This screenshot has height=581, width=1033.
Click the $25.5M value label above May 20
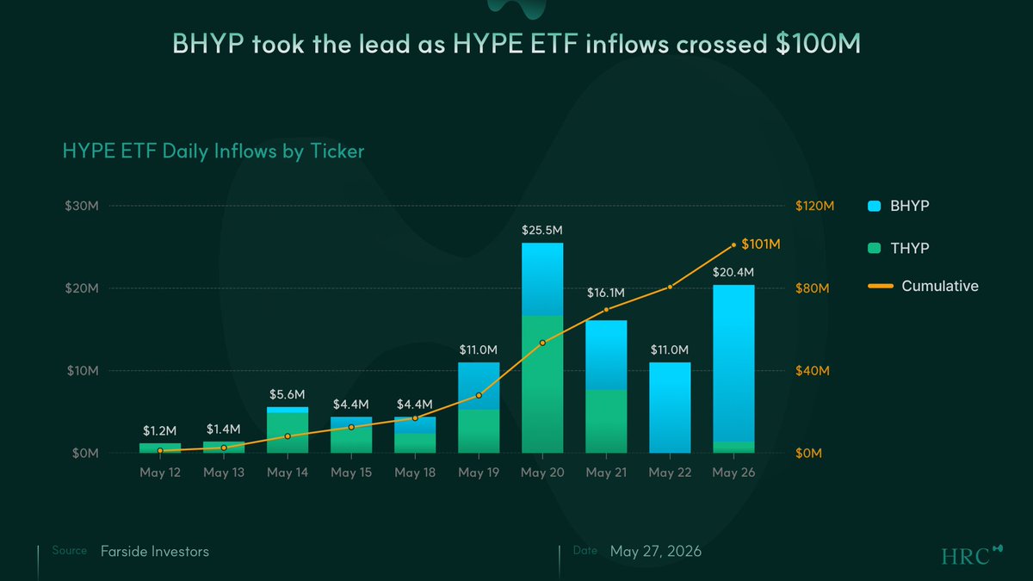coord(541,230)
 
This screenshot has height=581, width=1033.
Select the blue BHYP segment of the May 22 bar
coord(670,408)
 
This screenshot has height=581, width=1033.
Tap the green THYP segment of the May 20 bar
coord(542,384)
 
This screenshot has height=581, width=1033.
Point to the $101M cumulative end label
coord(760,244)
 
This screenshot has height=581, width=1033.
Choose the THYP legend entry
coord(898,248)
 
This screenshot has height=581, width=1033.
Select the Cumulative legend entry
coord(923,286)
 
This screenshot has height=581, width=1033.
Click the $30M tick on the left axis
coord(82,206)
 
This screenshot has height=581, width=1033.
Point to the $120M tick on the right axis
coord(815,206)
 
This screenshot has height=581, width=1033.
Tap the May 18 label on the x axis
coord(415,473)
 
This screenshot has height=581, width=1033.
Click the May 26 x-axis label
coord(733,473)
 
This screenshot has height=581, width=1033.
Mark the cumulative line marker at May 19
coord(479,395)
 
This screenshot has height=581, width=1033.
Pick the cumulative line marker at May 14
coord(288,436)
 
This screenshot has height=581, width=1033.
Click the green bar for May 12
coord(160,448)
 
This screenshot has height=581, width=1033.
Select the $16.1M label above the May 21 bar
coord(605,293)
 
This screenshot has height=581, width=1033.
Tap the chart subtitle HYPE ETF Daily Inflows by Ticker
coord(213,151)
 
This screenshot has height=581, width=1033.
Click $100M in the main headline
coord(818,44)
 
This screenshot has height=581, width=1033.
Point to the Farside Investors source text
coord(154,552)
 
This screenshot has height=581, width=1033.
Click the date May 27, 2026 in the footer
coord(655,552)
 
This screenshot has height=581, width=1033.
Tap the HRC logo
coord(971,555)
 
